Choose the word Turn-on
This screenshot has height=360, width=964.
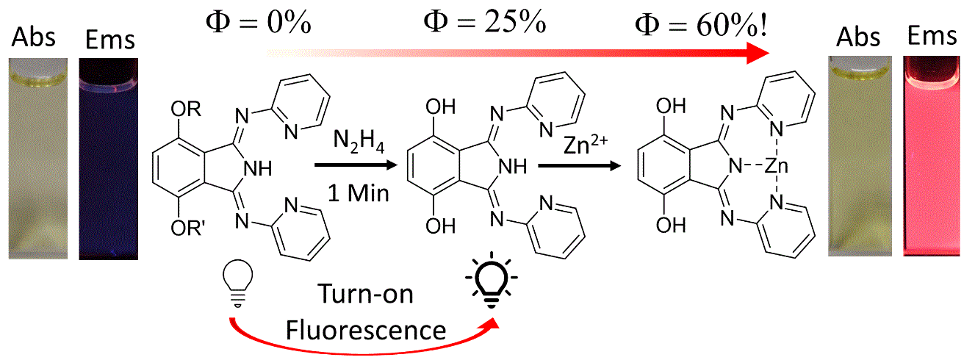click(366, 295)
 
